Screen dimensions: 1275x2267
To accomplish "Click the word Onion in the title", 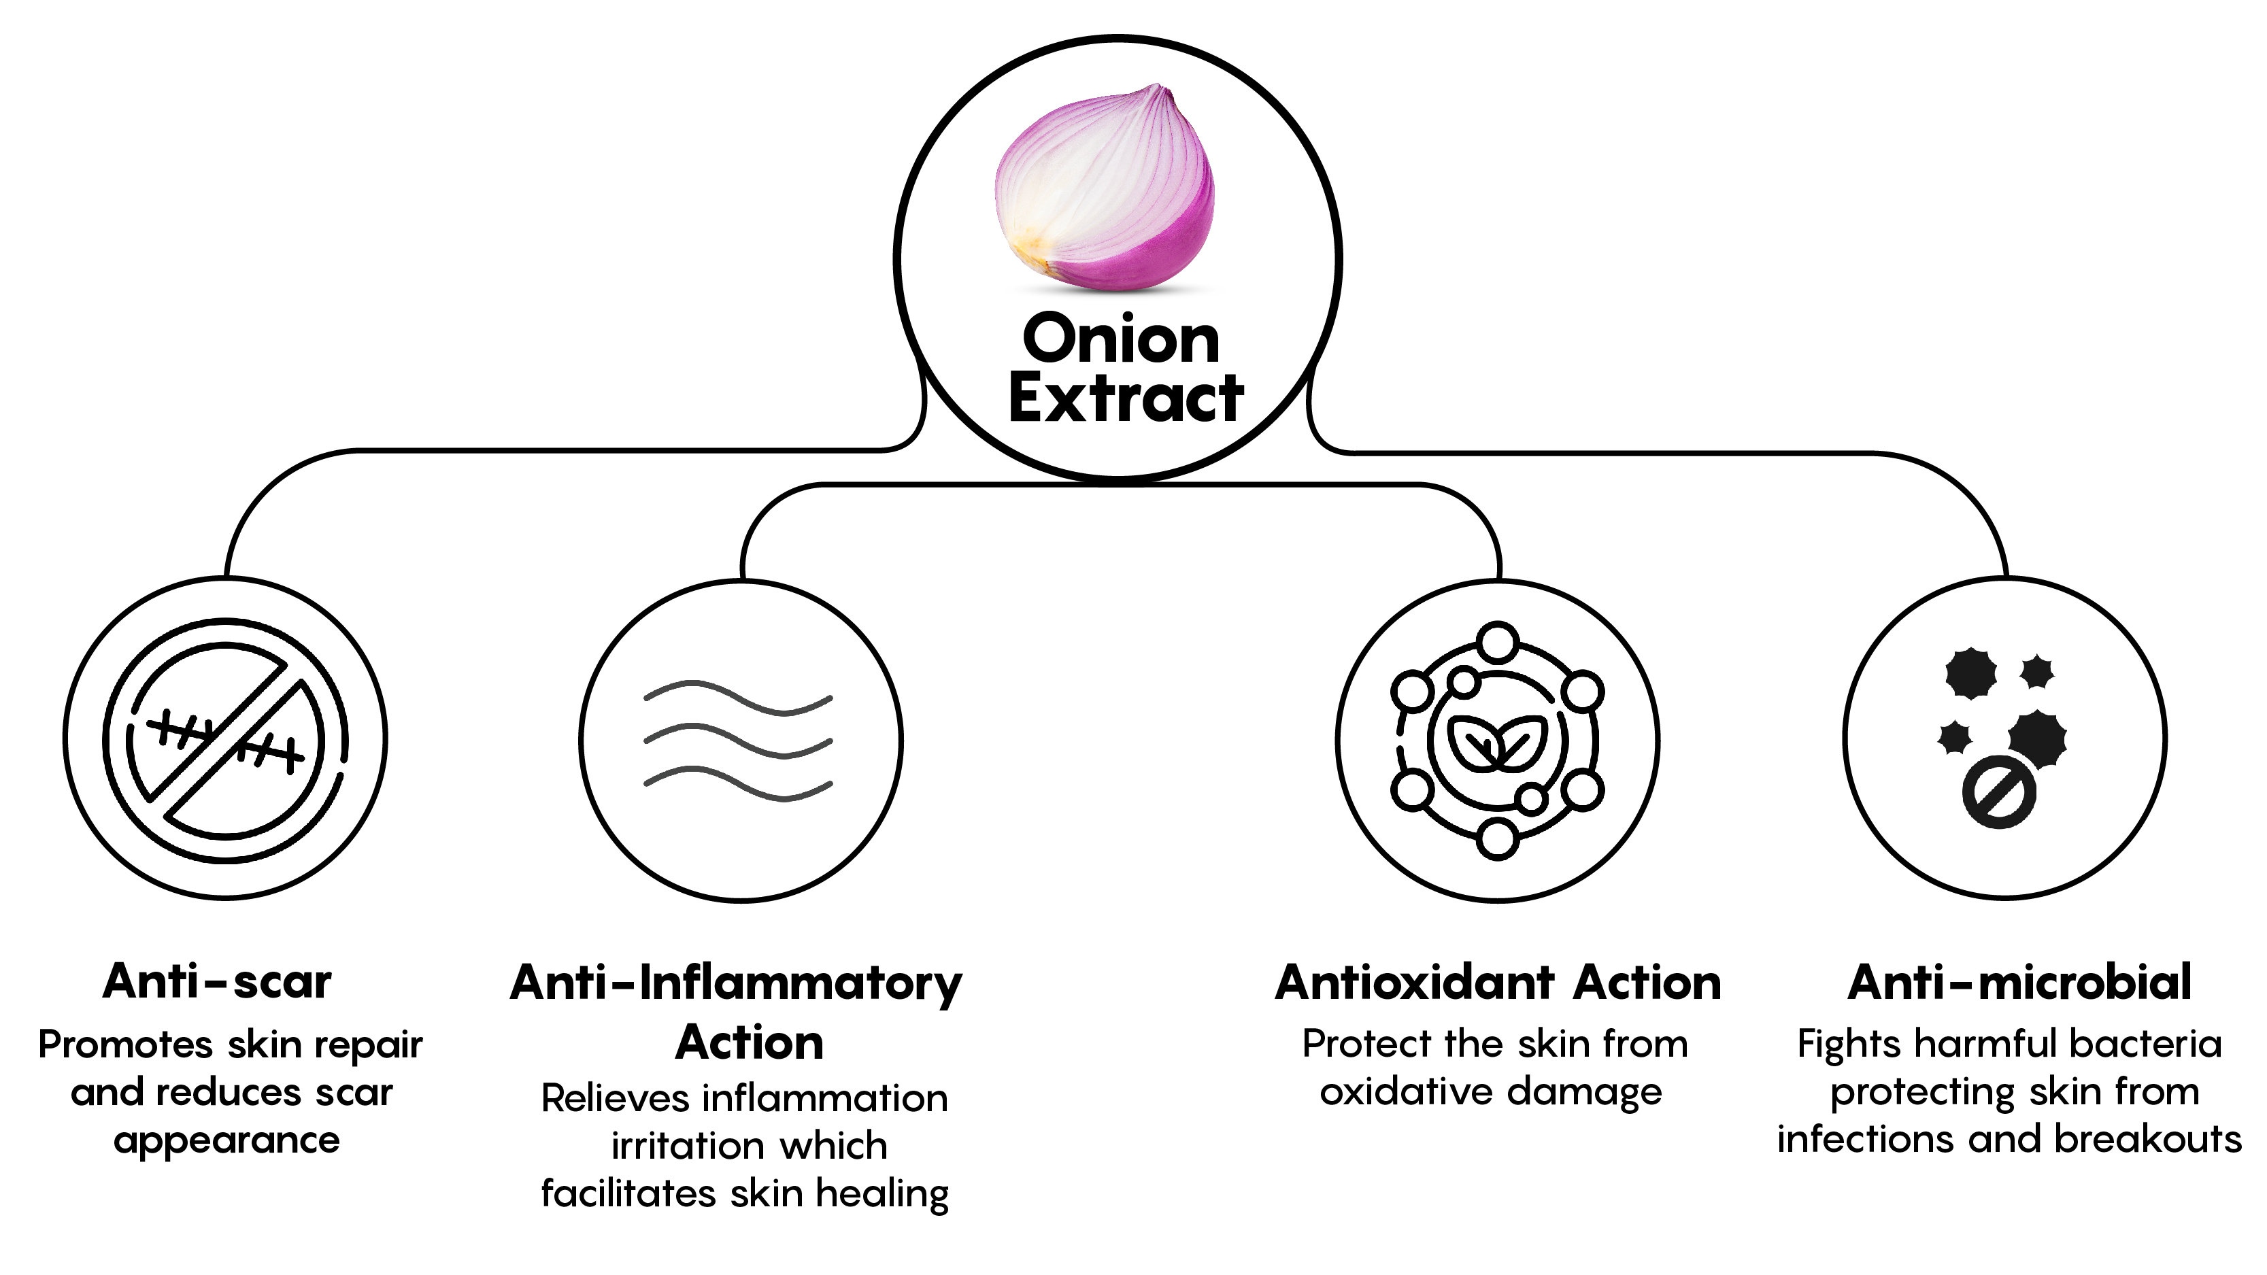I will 1120,339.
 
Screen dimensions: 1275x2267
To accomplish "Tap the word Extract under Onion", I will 1126,398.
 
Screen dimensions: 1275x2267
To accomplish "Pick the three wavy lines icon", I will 739,741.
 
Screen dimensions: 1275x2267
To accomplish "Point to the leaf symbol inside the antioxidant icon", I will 1497,742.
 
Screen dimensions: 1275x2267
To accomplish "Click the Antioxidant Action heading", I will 1498,982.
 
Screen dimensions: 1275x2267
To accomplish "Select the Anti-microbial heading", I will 2019,982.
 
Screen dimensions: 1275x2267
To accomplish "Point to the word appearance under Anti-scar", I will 226,1141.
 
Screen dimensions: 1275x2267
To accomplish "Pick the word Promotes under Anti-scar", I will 126,1045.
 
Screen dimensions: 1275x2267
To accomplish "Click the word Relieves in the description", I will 615,1098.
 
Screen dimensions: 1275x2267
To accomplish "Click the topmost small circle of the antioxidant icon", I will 1497,641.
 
